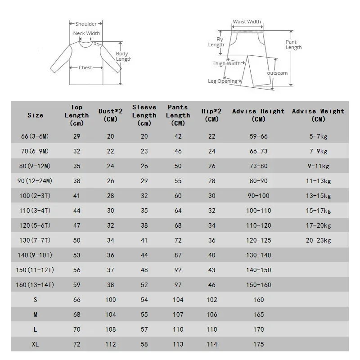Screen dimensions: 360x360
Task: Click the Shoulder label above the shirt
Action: pyautogui.click(x=86, y=24)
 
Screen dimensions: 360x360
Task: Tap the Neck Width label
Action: pyautogui.click(x=86, y=33)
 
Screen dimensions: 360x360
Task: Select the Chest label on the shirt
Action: pyautogui.click(x=85, y=67)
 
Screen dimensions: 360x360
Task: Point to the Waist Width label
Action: pyautogui.click(x=247, y=22)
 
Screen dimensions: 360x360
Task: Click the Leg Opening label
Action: pyautogui.click(x=222, y=81)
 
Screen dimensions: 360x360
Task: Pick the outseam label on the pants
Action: pyautogui.click(x=277, y=73)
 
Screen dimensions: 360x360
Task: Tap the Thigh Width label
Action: pyautogui.click(x=226, y=63)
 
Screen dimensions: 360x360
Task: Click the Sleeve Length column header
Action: pyautogui.click(x=144, y=115)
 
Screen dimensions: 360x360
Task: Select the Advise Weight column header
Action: pyautogui.click(x=318, y=115)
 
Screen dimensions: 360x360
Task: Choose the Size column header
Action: pyautogui.click(x=36, y=115)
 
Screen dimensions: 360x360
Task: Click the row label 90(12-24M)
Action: pyautogui.click(x=36, y=181)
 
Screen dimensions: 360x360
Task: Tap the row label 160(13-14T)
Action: pyautogui.click(x=36, y=285)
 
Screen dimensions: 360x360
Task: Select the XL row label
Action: pyautogui.click(x=36, y=344)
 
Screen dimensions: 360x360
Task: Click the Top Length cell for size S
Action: pyautogui.click(x=77, y=300)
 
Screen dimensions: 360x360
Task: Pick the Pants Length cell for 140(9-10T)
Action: pyautogui.click(x=178, y=255)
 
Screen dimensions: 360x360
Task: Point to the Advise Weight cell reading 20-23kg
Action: pyautogui.click(x=318, y=240)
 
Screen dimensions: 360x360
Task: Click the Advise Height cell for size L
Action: pyautogui.click(x=259, y=329)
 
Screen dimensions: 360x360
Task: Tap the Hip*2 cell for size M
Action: pyautogui.click(x=211, y=315)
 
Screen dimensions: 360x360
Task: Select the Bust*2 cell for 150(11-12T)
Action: pyautogui.click(x=111, y=270)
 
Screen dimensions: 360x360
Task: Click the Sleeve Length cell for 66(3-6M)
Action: pyautogui.click(x=144, y=136)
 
